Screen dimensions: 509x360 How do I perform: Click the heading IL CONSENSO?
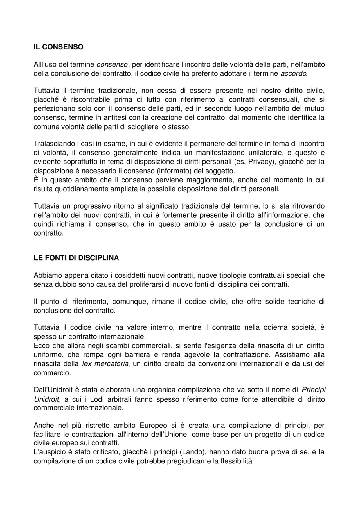coord(58,47)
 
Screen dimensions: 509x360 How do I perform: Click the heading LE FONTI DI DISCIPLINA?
coord(76,258)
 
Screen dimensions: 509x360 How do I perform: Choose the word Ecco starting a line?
coord(41,345)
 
